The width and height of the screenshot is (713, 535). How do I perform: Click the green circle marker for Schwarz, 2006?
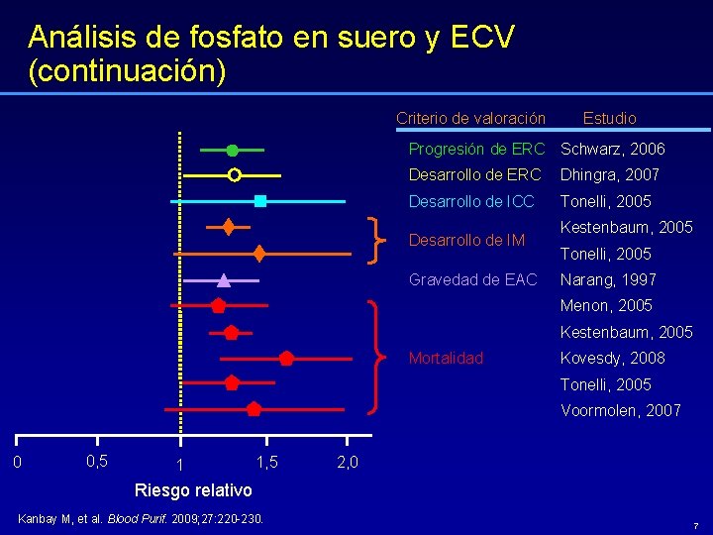[x=232, y=151]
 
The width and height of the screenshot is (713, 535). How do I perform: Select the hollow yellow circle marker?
[x=234, y=175]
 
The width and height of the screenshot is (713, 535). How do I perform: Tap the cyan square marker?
[x=260, y=201]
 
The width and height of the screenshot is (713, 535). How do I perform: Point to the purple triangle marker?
[x=224, y=279]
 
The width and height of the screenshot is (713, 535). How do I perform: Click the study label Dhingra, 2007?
[x=610, y=175]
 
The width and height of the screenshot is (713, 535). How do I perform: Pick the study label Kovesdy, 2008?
[x=613, y=358]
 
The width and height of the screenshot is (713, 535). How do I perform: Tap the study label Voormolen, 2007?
[x=621, y=410]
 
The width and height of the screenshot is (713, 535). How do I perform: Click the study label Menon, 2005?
[x=607, y=305]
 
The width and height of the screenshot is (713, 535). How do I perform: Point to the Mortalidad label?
[x=446, y=358]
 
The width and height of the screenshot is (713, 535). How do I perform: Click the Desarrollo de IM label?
[x=466, y=240]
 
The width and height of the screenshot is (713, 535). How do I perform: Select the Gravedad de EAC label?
[x=473, y=279]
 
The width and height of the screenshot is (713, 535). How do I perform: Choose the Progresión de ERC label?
[x=477, y=150]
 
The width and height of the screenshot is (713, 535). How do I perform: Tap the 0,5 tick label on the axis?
[x=97, y=461]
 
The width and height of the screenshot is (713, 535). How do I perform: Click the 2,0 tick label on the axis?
[x=348, y=463]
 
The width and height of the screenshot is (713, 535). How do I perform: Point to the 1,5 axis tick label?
[x=266, y=462]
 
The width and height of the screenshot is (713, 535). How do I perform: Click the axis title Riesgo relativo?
[x=193, y=490]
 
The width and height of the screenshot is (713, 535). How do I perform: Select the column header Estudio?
[x=609, y=118]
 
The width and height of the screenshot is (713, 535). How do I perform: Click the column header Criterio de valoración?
[x=470, y=118]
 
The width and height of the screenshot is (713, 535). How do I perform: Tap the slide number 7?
[x=696, y=524]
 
